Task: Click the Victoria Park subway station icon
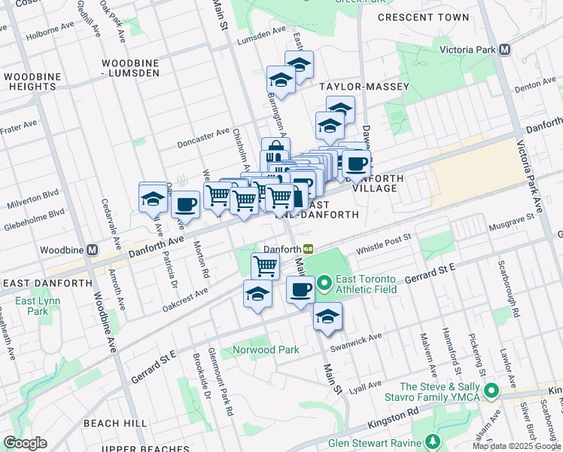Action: (x=505, y=49)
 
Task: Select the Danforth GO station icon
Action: (x=309, y=249)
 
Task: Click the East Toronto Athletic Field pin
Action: (x=324, y=284)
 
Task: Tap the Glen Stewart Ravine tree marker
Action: (x=433, y=441)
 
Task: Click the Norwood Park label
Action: (x=266, y=350)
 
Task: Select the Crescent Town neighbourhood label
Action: (x=423, y=17)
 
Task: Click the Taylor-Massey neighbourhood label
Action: (x=364, y=87)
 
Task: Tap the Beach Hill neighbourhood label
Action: (x=115, y=423)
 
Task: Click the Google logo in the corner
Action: (x=25, y=443)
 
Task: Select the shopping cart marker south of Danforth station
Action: (x=265, y=265)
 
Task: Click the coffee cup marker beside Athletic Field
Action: (x=300, y=289)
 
